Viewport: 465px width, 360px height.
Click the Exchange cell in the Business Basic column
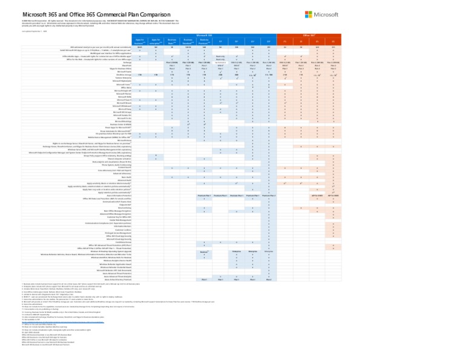point(173,79)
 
